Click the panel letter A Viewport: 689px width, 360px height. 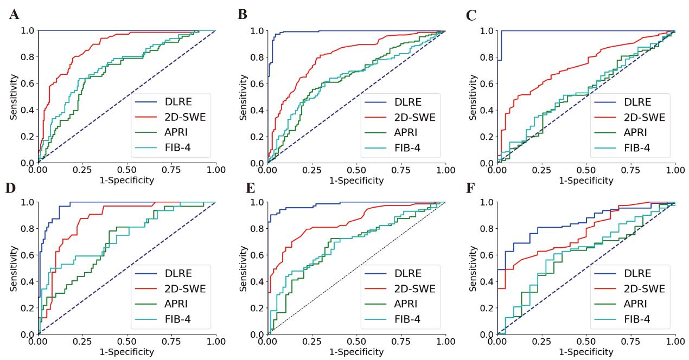pos(15,15)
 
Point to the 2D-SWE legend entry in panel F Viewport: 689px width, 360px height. pos(643,289)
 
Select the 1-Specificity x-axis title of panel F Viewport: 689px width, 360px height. pos(586,352)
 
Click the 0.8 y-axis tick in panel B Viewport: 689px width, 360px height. pos(257,57)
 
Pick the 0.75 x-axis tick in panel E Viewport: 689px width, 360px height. pos(401,342)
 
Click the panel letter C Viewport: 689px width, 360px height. pos(472,15)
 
